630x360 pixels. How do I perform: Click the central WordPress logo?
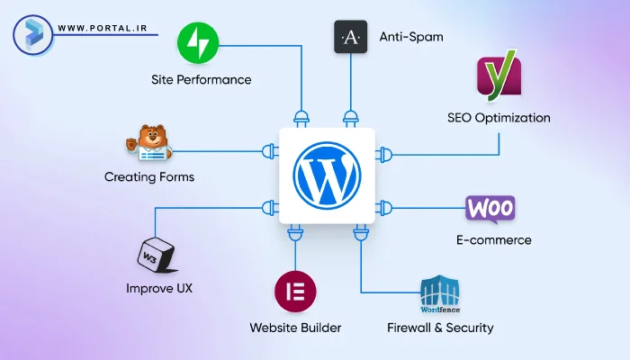(327, 175)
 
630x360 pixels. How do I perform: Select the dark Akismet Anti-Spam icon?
(351, 37)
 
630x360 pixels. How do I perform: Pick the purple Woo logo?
(490, 209)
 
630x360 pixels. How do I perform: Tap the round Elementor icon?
(294, 292)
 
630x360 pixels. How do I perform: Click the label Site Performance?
(201, 79)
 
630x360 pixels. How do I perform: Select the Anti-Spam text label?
(411, 37)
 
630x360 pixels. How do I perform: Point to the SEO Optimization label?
(499, 117)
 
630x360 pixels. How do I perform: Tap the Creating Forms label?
(149, 176)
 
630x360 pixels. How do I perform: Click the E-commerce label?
(493, 240)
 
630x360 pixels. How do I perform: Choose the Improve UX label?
(159, 289)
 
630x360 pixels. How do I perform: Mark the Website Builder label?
(295, 328)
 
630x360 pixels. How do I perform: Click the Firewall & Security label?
(440, 328)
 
